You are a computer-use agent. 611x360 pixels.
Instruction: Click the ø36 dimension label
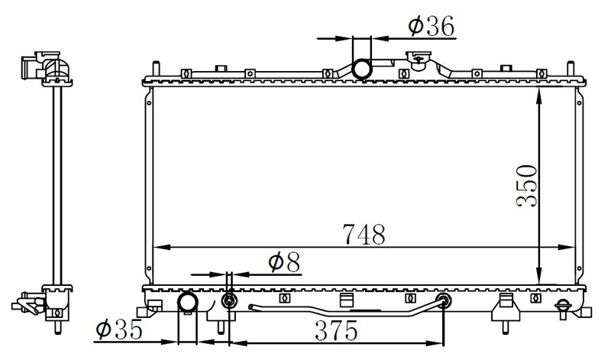click(432, 26)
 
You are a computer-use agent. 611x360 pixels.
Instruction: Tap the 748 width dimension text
click(364, 235)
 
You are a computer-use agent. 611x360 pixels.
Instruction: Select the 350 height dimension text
click(526, 186)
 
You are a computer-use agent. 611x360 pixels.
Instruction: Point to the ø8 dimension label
click(284, 262)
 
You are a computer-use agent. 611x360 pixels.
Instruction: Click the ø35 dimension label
click(119, 330)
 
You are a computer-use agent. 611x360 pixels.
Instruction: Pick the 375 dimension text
click(336, 331)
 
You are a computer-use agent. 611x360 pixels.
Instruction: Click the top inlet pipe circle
click(361, 70)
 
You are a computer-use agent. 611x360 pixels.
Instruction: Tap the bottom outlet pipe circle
click(188, 302)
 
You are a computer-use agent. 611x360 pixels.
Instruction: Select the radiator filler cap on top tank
click(418, 60)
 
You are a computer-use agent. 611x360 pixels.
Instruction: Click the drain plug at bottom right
click(563, 309)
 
